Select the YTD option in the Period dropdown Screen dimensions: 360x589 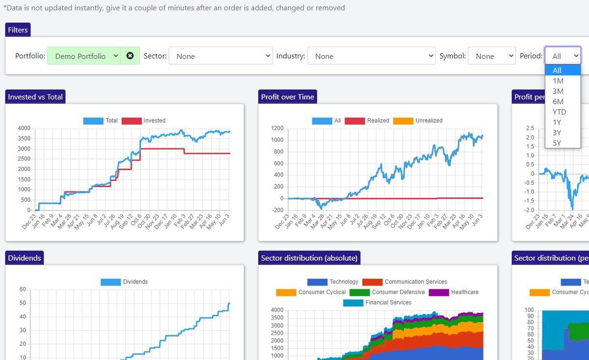click(x=560, y=112)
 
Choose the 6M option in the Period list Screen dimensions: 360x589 click(x=558, y=102)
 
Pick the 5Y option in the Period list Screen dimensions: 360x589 click(x=557, y=143)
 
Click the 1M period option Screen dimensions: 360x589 click(x=558, y=81)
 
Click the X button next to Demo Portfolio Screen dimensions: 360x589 click(x=130, y=56)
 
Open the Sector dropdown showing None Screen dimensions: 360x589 click(x=220, y=56)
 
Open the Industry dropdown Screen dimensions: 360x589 click(x=371, y=56)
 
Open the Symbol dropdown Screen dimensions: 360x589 click(x=491, y=56)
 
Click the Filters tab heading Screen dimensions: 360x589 click(x=18, y=30)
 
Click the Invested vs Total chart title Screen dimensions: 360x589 click(x=35, y=97)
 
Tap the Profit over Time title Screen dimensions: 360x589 click(x=288, y=97)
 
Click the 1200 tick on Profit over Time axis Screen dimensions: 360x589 click(x=277, y=128)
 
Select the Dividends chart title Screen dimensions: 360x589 click(x=25, y=258)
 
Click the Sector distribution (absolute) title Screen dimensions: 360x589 click(x=310, y=258)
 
